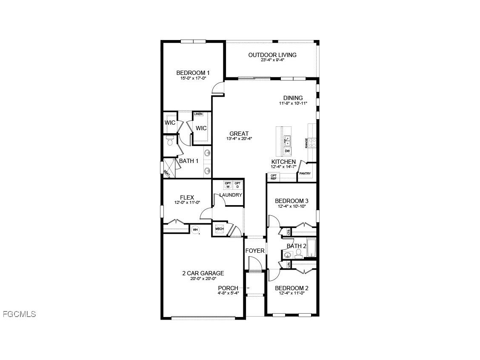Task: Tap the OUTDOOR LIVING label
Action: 272,55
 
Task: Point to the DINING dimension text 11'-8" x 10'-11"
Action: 293,103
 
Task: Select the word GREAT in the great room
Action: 239,134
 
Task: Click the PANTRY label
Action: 305,174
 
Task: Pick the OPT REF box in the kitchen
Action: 274,177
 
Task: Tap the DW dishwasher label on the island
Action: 287,151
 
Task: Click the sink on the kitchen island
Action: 287,140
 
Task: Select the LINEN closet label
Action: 198,114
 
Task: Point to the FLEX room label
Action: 187,197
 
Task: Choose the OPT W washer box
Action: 228,185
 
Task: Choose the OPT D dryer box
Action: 238,185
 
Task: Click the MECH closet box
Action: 219,229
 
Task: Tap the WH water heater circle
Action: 195,230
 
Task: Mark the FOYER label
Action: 255,251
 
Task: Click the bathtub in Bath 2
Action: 311,248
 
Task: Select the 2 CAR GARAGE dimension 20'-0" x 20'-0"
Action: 203,279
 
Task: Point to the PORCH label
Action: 228,288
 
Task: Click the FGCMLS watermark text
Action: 19,314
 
